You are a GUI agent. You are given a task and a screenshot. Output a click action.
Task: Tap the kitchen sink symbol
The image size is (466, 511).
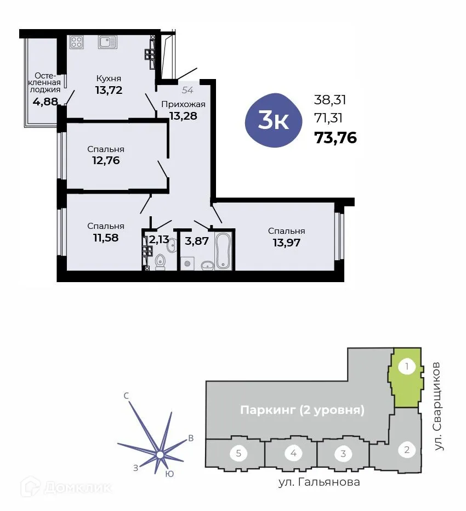point(107,42)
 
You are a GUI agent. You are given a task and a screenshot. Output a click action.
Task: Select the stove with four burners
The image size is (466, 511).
point(77,42)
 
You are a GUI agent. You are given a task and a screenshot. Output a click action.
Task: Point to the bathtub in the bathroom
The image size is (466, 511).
point(224,250)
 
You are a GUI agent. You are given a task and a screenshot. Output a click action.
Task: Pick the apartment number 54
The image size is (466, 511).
point(187,89)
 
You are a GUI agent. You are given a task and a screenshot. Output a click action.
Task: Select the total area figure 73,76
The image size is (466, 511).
point(336,138)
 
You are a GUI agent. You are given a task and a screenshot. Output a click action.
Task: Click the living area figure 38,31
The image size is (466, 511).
point(330,99)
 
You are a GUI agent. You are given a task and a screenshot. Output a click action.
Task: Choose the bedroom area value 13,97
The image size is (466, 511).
point(286,242)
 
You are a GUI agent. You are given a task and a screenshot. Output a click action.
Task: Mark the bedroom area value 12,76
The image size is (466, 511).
point(106,160)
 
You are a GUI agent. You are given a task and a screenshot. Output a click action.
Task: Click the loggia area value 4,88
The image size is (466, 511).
point(45,102)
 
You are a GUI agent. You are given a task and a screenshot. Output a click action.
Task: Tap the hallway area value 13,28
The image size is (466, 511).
point(183,116)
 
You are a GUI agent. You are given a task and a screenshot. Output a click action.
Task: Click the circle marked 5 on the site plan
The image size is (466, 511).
point(238,453)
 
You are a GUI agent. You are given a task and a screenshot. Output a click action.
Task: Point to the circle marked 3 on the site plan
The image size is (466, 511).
point(343,453)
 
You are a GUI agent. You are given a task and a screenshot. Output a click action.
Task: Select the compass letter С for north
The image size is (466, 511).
point(126,395)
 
